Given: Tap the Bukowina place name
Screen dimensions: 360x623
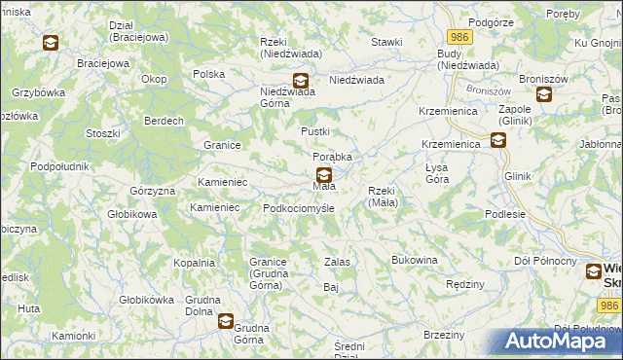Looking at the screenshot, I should [415, 261].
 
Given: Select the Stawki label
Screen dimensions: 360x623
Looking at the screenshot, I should [386, 43].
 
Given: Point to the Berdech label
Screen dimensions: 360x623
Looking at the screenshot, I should [165, 121].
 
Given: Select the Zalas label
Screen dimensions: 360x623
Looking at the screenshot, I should [337, 263].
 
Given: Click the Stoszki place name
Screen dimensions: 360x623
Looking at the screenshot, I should [102, 133].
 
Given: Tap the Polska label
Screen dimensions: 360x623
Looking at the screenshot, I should [209, 74].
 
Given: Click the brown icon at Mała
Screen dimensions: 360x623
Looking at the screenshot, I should [323, 174].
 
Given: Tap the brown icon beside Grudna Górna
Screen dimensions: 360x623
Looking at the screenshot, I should [226, 319].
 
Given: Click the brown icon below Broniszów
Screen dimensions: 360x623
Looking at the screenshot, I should [543, 94].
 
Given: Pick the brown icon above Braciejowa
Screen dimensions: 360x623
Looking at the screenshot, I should [51, 43].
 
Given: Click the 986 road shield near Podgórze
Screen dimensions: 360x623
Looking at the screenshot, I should [460, 36].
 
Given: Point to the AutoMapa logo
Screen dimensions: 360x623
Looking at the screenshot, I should [556, 342].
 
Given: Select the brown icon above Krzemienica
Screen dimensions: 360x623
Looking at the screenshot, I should [498, 139].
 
